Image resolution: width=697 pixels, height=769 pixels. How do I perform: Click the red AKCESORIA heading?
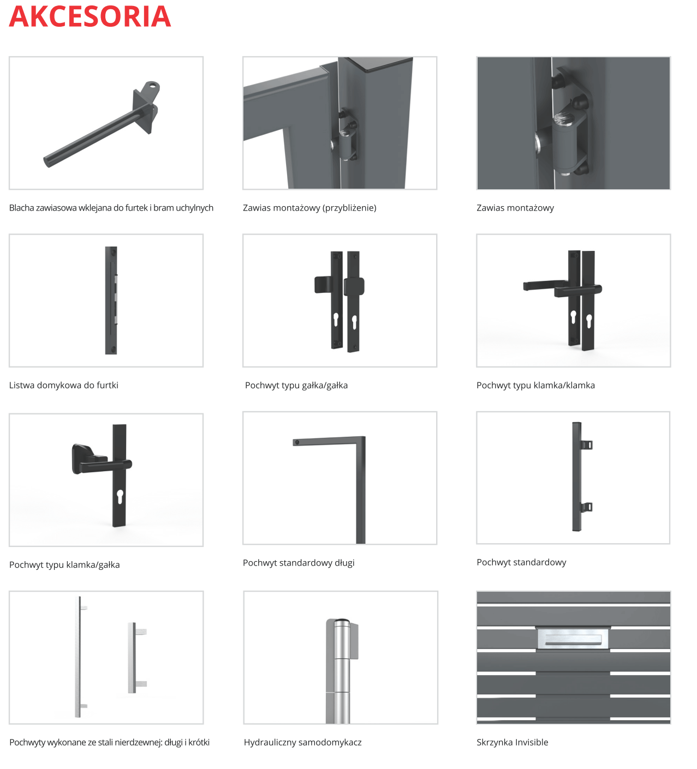90,16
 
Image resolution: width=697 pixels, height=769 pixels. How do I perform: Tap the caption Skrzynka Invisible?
513,743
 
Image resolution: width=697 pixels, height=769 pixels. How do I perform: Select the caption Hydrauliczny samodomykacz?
303,743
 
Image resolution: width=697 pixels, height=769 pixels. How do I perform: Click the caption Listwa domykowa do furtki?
64,385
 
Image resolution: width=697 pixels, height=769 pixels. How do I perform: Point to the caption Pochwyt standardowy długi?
299,563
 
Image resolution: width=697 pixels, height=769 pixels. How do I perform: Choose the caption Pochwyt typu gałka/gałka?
296,385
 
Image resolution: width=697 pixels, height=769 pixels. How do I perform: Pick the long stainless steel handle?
81,657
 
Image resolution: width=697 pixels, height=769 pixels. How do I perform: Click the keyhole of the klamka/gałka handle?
120,497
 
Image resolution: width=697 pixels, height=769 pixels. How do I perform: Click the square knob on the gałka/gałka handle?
354,286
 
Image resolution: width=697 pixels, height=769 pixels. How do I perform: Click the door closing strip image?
111,300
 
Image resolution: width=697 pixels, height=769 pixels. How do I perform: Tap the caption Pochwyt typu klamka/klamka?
536,385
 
